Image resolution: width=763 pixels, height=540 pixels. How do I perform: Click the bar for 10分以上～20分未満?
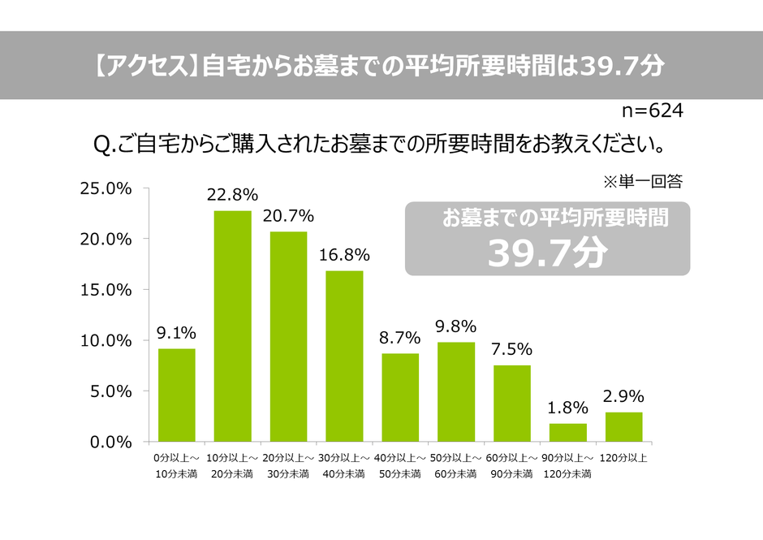point(232,326)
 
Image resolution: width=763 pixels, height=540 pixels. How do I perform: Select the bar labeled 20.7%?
point(288,336)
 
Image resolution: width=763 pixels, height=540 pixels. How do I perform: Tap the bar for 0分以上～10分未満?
point(177,395)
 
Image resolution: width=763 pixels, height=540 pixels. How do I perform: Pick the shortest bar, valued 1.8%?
point(567,432)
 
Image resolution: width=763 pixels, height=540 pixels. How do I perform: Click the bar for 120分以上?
point(623,426)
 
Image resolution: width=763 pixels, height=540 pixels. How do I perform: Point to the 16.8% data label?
point(344,255)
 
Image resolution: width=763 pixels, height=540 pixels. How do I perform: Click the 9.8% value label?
point(456,326)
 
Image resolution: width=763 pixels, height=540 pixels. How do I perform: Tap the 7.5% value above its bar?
point(512,349)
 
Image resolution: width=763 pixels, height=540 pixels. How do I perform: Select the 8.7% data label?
point(400,338)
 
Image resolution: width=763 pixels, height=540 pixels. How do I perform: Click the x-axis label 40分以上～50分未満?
point(400,465)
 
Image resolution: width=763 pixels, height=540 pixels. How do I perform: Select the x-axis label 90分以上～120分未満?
point(567,465)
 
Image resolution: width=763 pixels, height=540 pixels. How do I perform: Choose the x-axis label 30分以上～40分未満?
point(344,465)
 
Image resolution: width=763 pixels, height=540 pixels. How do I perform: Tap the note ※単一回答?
point(644,180)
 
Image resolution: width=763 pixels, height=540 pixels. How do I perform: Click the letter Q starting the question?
point(102,145)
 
